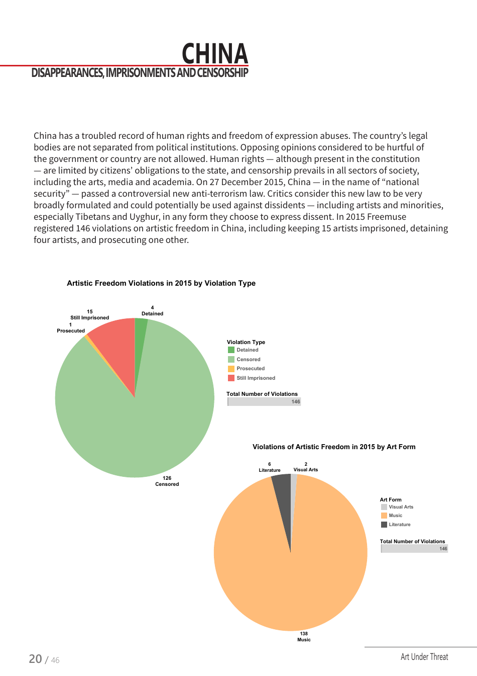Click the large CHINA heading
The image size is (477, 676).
coord(214,53)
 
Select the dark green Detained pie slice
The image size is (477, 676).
coord(140,342)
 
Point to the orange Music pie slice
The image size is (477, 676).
coord(291,578)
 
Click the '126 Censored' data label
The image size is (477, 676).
coord(167,481)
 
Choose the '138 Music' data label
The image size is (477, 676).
coord(304,637)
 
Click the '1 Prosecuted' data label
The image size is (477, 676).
coord(71,328)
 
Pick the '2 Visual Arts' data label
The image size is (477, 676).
coord(305,467)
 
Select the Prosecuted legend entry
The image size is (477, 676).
coord(250,369)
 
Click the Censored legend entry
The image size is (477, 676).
coord(248,360)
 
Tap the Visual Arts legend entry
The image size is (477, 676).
coord(400,507)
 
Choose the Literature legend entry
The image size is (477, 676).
coord(399,525)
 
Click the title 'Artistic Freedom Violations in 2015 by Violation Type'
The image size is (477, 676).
coord(161,283)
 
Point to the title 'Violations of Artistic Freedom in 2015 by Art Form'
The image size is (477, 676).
coord(334,447)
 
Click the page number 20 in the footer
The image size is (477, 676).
coord(35,659)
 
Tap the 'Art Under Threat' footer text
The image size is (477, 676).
coord(424,657)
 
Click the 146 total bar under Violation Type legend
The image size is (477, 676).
coord(264,402)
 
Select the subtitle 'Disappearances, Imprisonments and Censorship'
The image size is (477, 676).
coord(140,73)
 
